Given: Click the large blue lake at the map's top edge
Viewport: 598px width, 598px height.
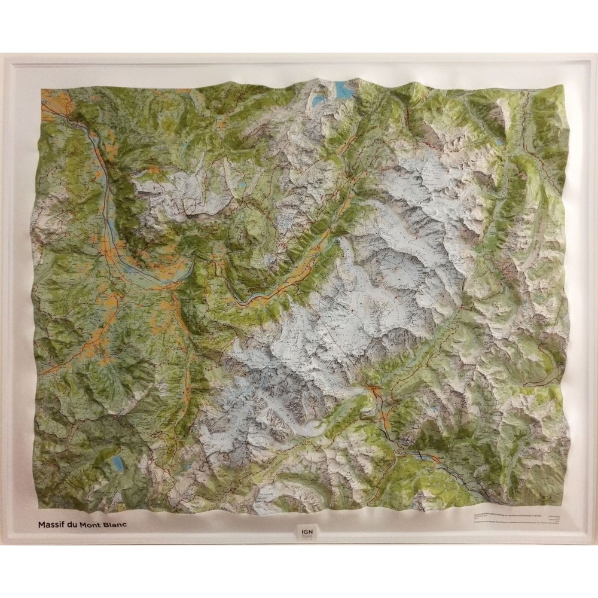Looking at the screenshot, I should click(343, 90).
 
